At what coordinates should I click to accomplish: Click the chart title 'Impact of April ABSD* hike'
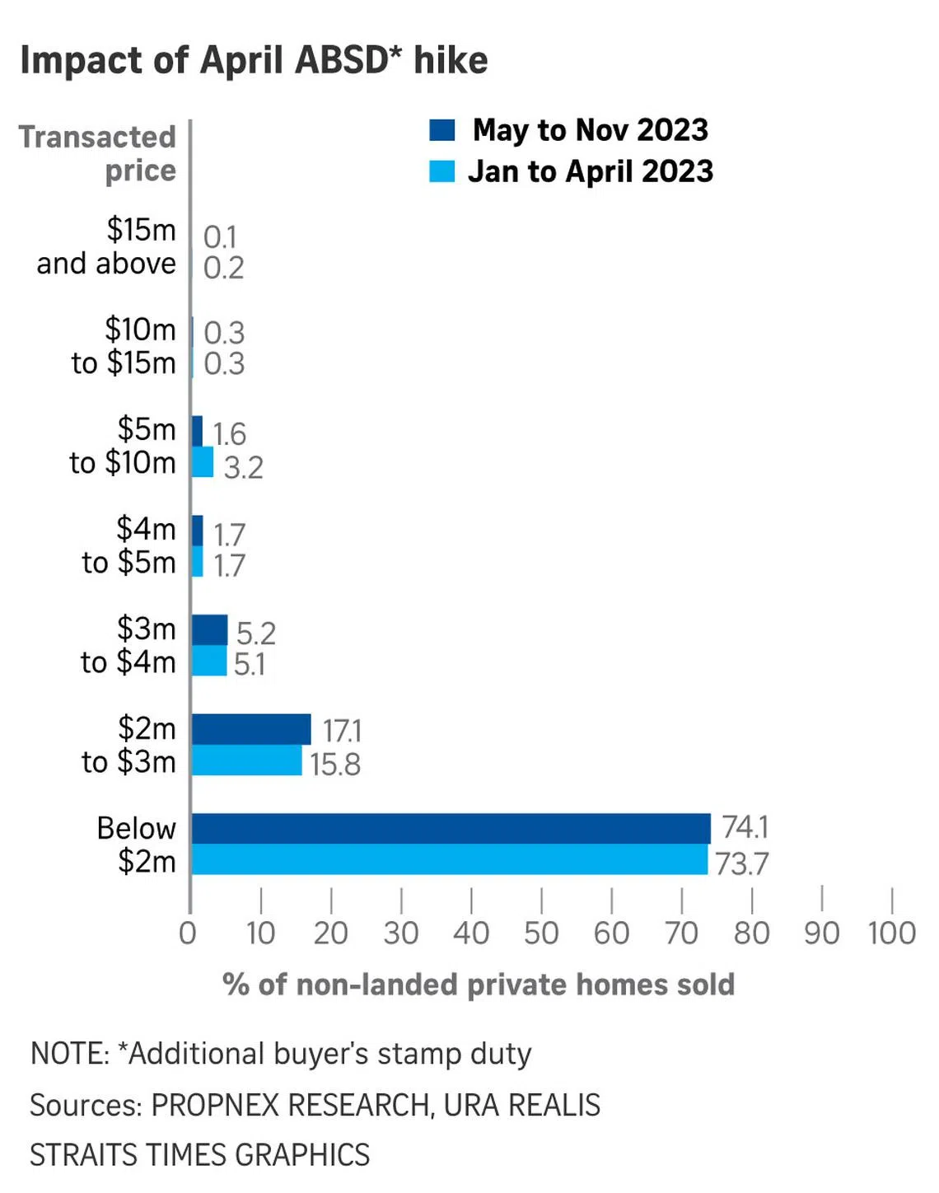pyautogui.click(x=254, y=60)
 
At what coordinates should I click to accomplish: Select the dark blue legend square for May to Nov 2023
pyautogui.click(x=442, y=130)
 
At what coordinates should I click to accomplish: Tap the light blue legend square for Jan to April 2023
pyautogui.click(x=442, y=171)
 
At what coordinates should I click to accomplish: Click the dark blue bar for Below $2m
pyautogui.click(x=451, y=828)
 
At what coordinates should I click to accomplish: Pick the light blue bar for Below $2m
pyautogui.click(x=449, y=859)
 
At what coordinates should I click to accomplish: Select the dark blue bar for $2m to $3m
pyautogui.click(x=251, y=729)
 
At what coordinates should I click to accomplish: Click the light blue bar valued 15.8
pyautogui.click(x=247, y=760)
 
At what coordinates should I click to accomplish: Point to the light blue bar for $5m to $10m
pyautogui.click(x=203, y=462)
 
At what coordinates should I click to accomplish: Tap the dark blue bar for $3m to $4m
pyautogui.click(x=209, y=630)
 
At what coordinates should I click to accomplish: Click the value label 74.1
pyautogui.click(x=745, y=826)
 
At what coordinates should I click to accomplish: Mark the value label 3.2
pyautogui.click(x=243, y=467)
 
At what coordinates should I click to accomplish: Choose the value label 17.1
pyautogui.click(x=341, y=731)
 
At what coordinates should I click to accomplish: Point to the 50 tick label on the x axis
pyautogui.click(x=541, y=933)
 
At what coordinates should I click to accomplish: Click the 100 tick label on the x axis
pyautogui.click(x=891, y=933)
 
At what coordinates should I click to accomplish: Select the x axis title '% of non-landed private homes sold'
pyautogui.click(x=478, y=985)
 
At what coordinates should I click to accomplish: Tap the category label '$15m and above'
pyautogui.click(x=107, y=246)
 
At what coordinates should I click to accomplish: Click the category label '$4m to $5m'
pyautogui.click(x=129, y=545)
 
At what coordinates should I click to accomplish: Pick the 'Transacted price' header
pyautogui.click(x=99, y=153)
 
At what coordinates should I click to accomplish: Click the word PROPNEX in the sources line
pyautogui.click(x=215, y=1105)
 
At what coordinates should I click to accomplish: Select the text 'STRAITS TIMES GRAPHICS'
pyautogui.click(x=200, y=1155)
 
